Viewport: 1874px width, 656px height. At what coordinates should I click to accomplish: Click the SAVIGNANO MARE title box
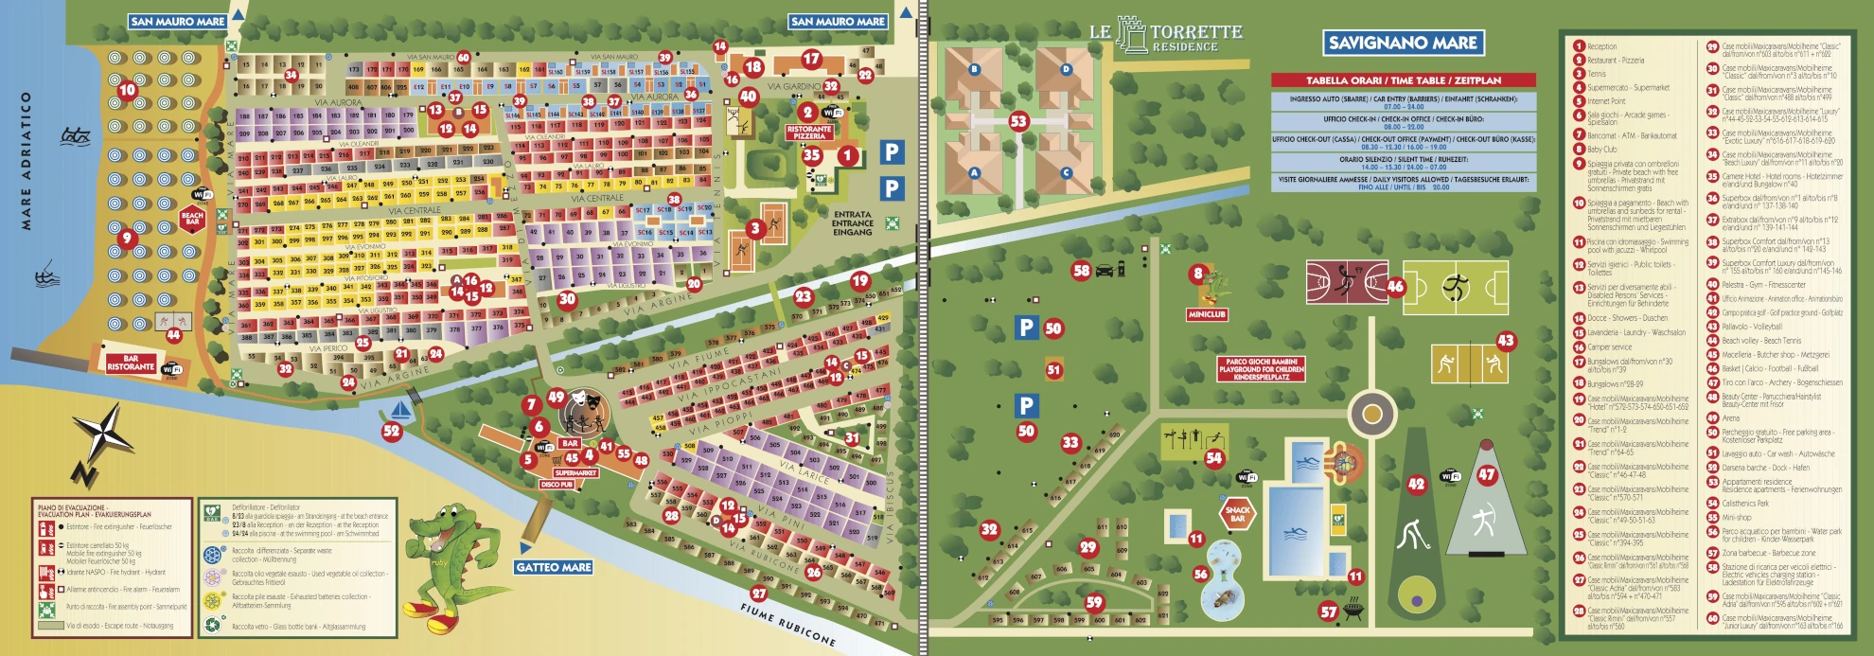1403,43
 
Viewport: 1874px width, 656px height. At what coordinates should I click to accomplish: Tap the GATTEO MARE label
554,567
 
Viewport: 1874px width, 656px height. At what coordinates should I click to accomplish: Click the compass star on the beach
104,435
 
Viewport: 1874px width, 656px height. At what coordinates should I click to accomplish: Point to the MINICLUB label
1207,314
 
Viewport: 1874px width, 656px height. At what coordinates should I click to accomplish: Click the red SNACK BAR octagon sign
1238,513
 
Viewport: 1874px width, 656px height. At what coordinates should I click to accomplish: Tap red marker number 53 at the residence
1018,121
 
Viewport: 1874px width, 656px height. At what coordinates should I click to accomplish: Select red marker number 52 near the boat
391,431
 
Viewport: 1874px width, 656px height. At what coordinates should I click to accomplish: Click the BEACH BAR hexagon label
192,218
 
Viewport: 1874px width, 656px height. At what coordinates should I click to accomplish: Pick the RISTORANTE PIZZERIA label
808,133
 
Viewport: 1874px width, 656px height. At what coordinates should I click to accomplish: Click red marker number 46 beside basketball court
1395,286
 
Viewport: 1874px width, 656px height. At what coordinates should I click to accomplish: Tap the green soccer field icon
1456,287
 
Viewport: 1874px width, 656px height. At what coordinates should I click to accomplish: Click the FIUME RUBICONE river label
788,625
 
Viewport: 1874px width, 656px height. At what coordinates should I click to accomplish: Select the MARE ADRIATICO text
27,161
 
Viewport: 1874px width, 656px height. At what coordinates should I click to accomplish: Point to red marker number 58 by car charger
1081,271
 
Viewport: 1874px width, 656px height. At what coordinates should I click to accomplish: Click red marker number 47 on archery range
1487,475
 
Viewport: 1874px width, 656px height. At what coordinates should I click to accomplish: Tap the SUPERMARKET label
575,472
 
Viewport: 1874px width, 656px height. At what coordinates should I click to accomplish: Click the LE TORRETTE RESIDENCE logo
1166,36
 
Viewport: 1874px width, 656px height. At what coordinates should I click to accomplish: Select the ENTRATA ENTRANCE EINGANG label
852,223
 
